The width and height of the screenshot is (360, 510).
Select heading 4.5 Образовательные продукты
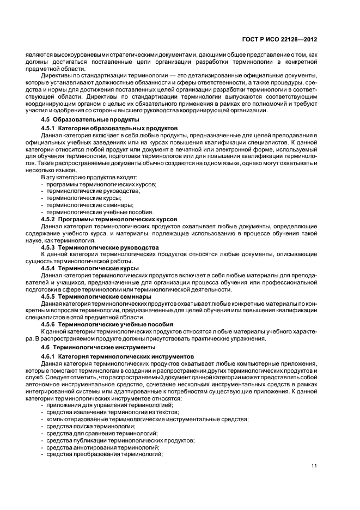tap(90, 119)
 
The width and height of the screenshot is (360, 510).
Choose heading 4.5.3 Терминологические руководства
tap(100, 247)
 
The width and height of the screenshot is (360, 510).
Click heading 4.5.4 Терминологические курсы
tap(90, 268)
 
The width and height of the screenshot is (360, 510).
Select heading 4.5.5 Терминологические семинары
tap(96, 296)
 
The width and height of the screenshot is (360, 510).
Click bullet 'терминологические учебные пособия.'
tap(96, 212)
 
